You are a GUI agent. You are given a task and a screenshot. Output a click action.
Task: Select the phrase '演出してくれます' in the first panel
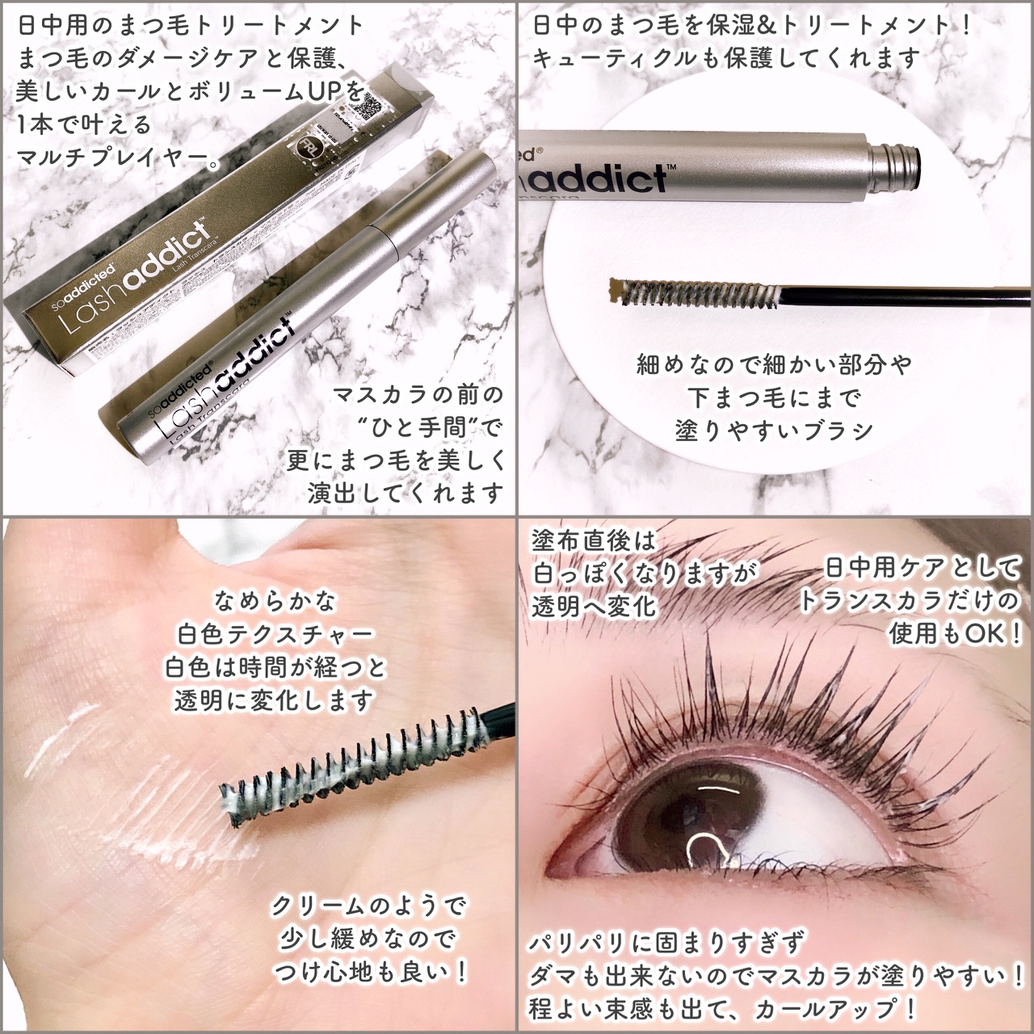pyautogui.click(x=406, y=492)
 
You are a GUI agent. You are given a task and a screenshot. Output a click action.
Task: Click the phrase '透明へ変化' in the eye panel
pyautogui.click(x=593, y=606)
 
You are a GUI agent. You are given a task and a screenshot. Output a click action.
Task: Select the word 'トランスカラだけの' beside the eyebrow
pyautogui.click(x=909, y=600)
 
